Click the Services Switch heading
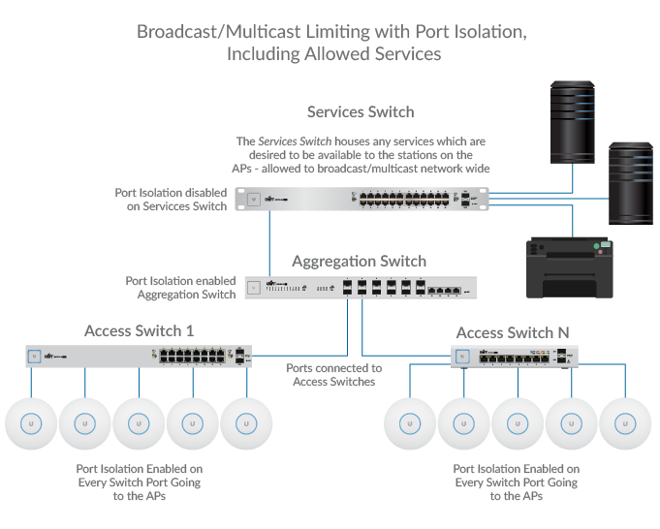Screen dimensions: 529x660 click(361, 112)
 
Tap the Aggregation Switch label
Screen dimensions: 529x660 click(359, 262)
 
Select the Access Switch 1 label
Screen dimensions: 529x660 click(139, 331)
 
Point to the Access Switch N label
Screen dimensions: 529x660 click(513, 333)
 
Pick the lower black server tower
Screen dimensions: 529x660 click(631, 182)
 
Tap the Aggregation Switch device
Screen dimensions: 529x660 click(361, 287)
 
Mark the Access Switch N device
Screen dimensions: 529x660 click(515, 358)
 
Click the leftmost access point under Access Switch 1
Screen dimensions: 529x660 click(31, 424)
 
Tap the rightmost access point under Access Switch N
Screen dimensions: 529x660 click(625, 424)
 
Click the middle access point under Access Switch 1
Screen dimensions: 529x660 click(139, 424)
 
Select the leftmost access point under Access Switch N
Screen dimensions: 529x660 click(410, 424)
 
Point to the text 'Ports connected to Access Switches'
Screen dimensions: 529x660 click(334, 375)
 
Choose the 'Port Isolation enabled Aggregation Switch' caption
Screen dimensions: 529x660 click(180, 288)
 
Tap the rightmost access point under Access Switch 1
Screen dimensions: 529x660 click(246, 424)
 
